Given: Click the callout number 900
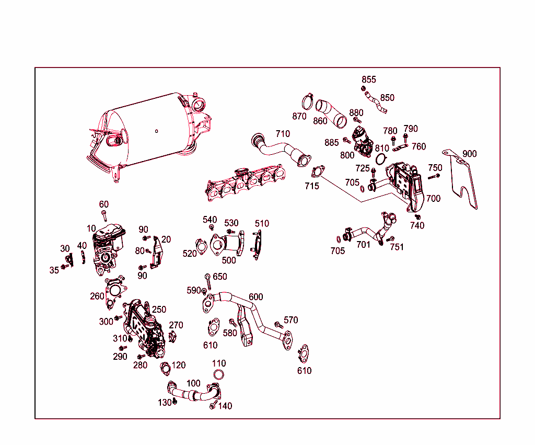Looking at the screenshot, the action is (x=470, y=154).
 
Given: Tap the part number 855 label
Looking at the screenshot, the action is (x=369, y=79).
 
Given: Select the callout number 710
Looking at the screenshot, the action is (x=283, y=134).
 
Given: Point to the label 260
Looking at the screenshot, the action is (x=97, y=296).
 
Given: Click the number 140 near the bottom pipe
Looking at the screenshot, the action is (x=225, y=406).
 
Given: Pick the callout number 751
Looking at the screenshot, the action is (x=397, y=247).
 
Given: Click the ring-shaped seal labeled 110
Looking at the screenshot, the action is (x=219, y=374).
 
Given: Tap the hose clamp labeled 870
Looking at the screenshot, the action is (x=307, y=102).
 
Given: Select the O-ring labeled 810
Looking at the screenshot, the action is (x=381, y=159).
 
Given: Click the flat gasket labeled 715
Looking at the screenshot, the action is (x=318, y=172).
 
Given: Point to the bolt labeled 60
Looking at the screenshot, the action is (x=104, y=216).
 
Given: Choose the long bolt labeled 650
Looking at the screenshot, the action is (x=208, y=281).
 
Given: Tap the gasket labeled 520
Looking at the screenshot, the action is (x=201, y=247).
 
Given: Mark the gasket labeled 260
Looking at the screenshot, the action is (x=115, y=291).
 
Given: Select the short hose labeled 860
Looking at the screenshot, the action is (x=331, y=113).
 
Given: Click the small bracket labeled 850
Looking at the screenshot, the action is (x=376, y=102).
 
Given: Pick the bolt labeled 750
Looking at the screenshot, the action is (x=434, y=177).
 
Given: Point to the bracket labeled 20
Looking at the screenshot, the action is (x=157, y=253).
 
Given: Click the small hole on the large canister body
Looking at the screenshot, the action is (x=157, y=131).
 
